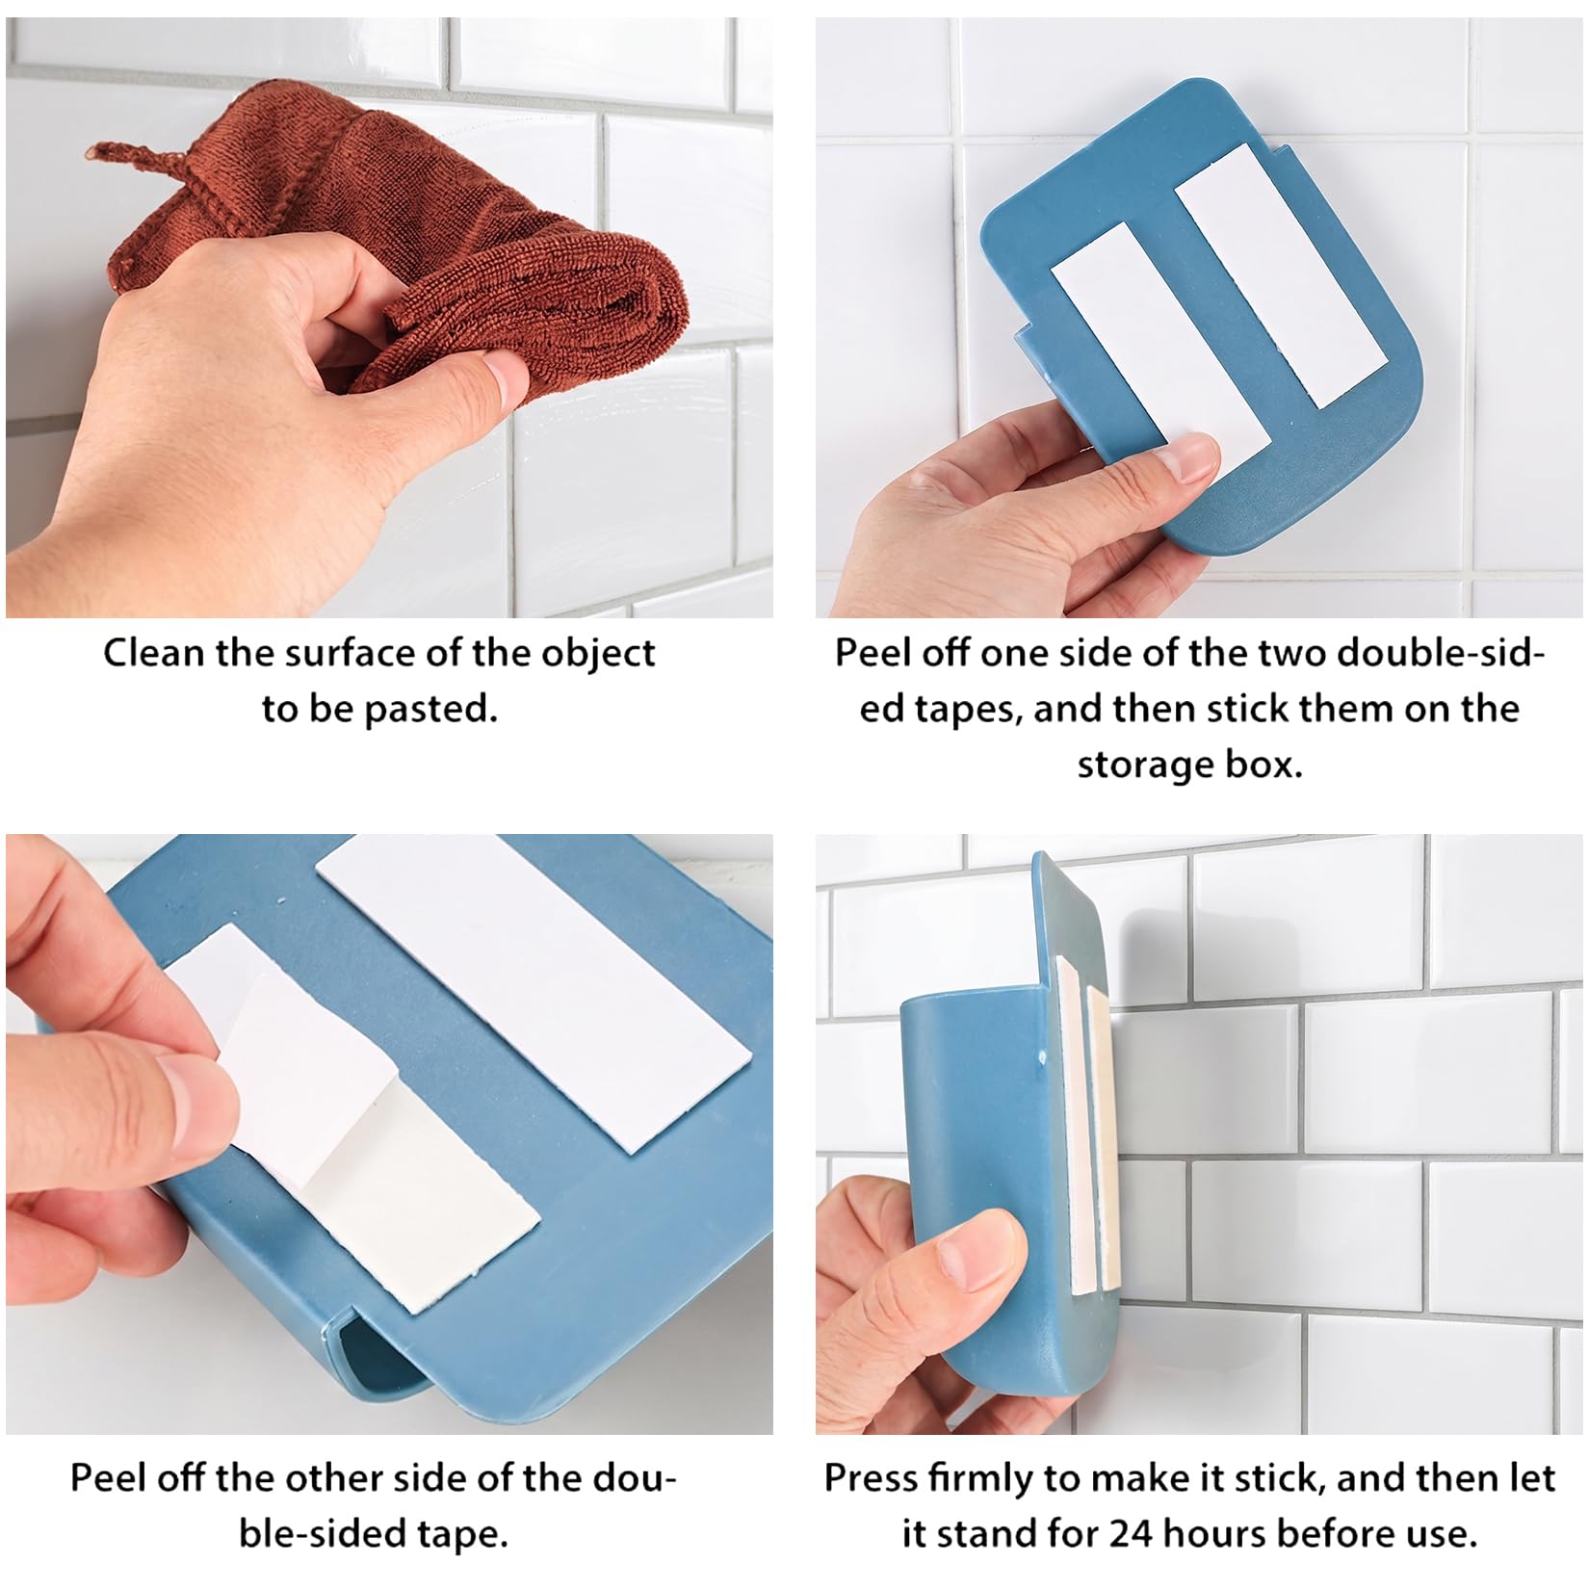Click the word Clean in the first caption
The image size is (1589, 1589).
coord(153,653)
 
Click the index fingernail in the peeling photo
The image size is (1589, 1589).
coord(197,1103)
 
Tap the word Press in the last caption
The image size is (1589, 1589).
coord(871,1478)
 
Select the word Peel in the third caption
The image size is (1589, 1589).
coord(106,1478)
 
